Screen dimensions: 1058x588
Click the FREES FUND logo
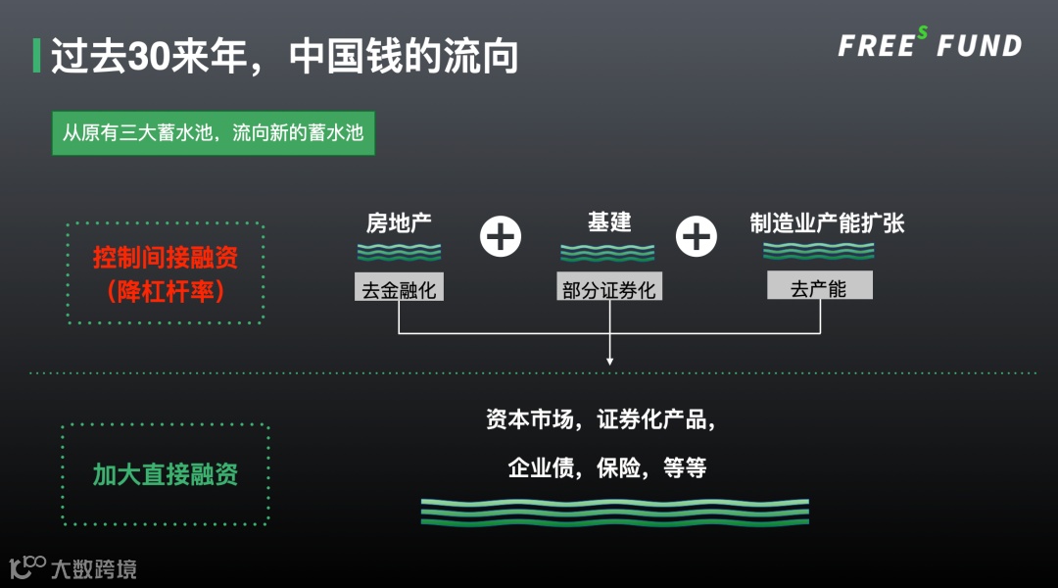[929, 45]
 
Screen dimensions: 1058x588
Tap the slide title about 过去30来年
[284, 57]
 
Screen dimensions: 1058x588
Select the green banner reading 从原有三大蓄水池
[213, 132]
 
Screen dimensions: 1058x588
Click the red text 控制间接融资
[166, 259]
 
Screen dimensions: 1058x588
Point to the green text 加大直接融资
[166, 475]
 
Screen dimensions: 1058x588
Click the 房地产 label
[399, 222]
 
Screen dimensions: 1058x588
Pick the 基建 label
[608, 222]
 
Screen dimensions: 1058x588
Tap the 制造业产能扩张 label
[827, 222]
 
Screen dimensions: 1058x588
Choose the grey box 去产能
[819, 287]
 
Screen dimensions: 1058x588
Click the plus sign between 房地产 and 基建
[501, 236]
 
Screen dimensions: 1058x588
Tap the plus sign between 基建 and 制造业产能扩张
[697, 236]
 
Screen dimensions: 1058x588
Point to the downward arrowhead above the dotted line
[609, 361]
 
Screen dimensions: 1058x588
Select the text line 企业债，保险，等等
[607, 467]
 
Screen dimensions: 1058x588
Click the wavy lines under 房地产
[399, 252]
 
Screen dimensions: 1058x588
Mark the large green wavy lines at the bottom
[615, 512]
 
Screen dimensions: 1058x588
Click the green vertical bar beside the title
[36, 56]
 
